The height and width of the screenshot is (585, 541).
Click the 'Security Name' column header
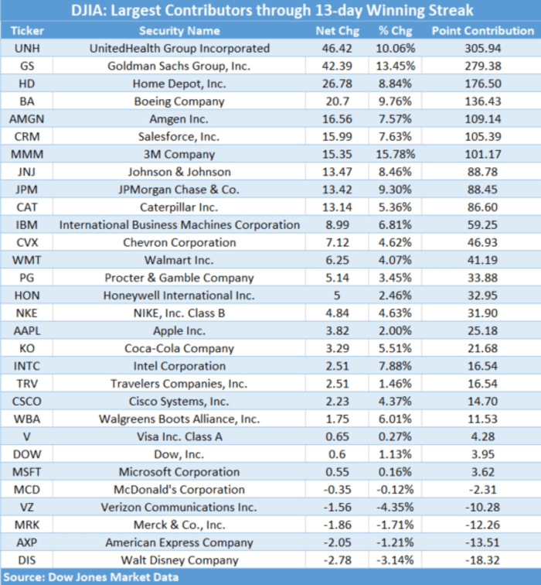coord(179,31)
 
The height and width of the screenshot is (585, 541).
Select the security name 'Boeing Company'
coord(179,101)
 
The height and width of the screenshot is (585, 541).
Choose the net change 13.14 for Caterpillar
coord(335,207)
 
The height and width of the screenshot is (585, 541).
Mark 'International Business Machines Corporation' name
coord(179,225)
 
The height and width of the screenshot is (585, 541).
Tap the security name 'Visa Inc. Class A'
coord(179,436)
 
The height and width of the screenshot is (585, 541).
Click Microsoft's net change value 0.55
coord(335,472)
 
